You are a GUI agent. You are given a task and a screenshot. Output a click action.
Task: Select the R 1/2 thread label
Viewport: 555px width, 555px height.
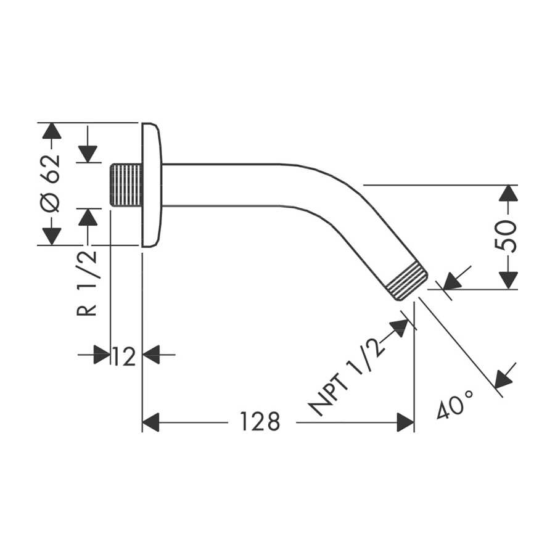[x=87, y=282]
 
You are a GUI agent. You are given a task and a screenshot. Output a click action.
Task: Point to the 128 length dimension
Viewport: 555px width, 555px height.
[x=260, y=422]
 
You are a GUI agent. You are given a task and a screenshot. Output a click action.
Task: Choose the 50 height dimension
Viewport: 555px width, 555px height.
[x=506, y=236]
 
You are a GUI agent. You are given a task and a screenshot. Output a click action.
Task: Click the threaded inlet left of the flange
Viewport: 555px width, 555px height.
[x=126, y=185]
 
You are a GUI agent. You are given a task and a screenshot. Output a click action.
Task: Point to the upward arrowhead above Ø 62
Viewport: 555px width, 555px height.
[x=52, y=131]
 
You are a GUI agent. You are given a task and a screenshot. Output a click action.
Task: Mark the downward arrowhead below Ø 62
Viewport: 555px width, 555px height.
[x=52, y=237]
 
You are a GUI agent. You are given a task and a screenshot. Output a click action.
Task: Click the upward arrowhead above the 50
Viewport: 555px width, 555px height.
[x=508, y=193]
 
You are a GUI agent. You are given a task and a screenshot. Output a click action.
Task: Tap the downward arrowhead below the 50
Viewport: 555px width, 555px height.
[x=508, y=281]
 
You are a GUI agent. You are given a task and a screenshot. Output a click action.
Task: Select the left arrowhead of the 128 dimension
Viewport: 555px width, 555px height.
[x=150, y=422]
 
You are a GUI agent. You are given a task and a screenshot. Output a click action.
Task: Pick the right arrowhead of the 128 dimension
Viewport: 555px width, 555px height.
[x=406, y=422]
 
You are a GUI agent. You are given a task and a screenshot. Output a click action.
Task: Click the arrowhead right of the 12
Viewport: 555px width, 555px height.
[x=151, y=355]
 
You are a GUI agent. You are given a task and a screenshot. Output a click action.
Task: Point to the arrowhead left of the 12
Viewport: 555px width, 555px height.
[x=102, y=355]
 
